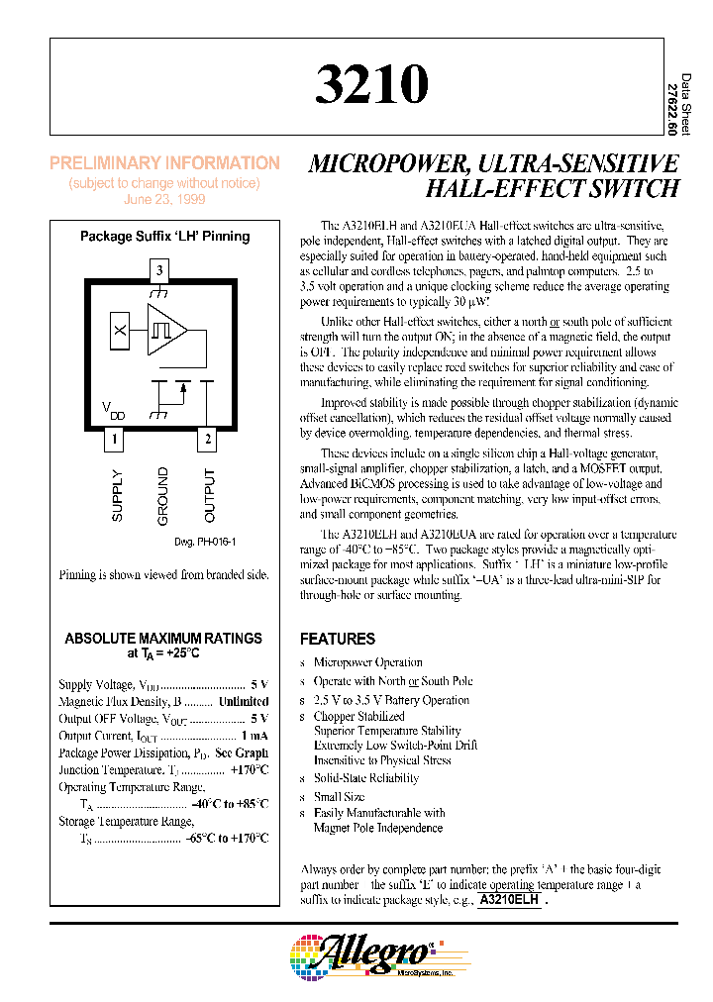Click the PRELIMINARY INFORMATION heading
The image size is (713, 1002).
[164, 163]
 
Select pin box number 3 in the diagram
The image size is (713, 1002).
[160, 269]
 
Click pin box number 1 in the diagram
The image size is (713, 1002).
[116, 439]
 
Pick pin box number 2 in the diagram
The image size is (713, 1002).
[208, 439]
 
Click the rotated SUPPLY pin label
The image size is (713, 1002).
[118, 495]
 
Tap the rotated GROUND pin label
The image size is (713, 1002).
[163, 496]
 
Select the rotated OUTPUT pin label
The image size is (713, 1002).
[209, 495]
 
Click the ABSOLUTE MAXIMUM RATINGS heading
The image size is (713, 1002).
[163, 639]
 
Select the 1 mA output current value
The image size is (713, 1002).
[254, 736]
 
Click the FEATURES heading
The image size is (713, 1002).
[338, 640]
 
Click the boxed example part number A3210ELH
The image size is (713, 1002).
[509, 901]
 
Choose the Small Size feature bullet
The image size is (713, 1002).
[339, 796]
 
